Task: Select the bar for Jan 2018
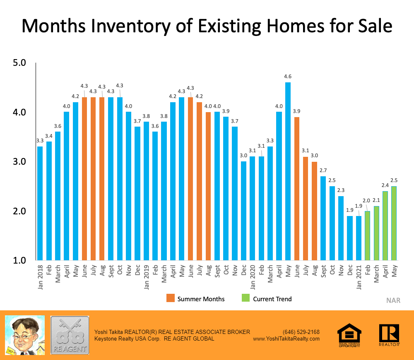pos(40,203)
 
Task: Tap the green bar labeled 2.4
pos(385,226)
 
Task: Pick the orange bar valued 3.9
pos(297,188)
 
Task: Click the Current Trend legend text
pos(272,299)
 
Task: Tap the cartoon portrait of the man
pos(24,335)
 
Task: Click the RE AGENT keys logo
pos(70,335)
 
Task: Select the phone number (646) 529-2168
pos(301,332)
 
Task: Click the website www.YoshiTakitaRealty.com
pos(286,338)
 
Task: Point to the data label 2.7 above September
pos(323,170)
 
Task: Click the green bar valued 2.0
pos(368,235)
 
